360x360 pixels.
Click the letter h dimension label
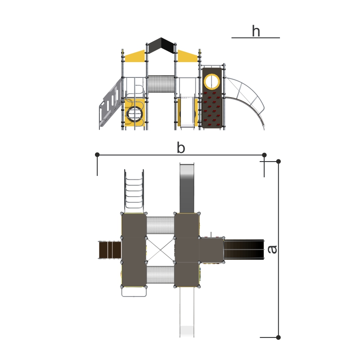pyautogui.click(x=256, y=31)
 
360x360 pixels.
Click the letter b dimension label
pyautogui.click(x=181, y=148)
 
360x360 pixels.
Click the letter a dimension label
pyautogui.click(x=273, y=250)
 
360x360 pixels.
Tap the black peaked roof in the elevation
pyautogui.click(x=161, y=45)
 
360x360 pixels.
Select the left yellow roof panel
pyautogui.click(x=135, y=57)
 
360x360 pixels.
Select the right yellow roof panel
pyautogui.click(x=187, y=57)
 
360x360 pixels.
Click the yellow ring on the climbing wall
pyautogui.click(x=212, y=81)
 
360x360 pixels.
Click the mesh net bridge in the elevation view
pyautogui.click(x=161, y=84)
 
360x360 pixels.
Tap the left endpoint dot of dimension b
pyautogui.click(x=97, y=155)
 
